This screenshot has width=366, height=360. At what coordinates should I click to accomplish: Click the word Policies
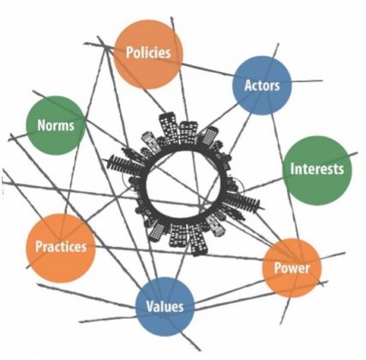pyautogui.click(x=148, y=53)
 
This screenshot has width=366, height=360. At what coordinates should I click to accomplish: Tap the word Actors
pyautogui.click(x=262, y=86)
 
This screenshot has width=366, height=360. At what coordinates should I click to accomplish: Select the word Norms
pyautogui.click(x=56, y=125)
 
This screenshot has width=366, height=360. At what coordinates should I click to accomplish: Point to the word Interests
pyautogui.click(x=317, y=169)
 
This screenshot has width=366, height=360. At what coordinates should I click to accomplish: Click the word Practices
pyautogui.click(x=61, y=247)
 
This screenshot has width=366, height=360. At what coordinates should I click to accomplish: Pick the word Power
pyautogui.click(x=291, y=268)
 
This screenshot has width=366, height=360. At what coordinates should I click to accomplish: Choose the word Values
pyautogui.click(x=165, y=306)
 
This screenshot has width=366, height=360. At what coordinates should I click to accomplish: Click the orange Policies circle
pyautogui.click(x=148, y=54)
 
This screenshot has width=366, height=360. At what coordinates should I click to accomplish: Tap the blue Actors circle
pyautogui.click(x=262, y=86)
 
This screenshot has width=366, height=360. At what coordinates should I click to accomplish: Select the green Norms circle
pyautogui.click(x=56, y=125)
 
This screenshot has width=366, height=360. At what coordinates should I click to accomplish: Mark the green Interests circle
pyautogui.click(x=317, y=171)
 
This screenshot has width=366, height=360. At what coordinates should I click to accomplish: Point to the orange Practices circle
pyautogui.click(x=61, y=248)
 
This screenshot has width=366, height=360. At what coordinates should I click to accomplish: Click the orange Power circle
pyautogui.click(x=292, y=267)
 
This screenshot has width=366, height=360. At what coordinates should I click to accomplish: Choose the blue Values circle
pyautogui.click(x=165, y=307)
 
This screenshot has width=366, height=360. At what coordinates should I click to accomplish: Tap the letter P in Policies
pyautogui.click(x=129, y=53)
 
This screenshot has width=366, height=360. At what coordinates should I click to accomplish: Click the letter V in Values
pyautogui.click(x=150, y=306)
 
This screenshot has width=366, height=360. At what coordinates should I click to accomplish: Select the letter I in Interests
pyautogui.click(x=292, y=169)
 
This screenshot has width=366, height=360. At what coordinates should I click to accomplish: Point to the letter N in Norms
pyautogui.click(x=42, y=126)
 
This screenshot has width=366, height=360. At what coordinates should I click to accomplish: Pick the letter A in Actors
pyautogui.click(x=249, y=86)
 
